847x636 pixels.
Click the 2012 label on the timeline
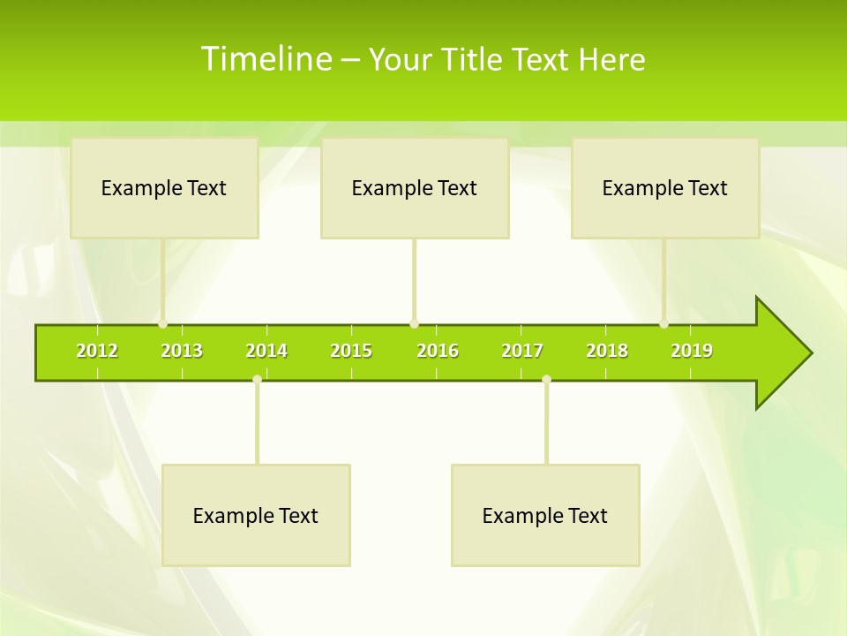[x=97, y=351]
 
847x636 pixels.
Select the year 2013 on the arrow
[x=182, y=351]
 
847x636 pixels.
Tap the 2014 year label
[x=266, y=351]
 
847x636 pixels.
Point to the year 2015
[x=351, y=351]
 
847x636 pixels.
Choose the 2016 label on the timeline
[x=438, y=351]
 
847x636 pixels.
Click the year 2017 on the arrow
[x=522, y=351]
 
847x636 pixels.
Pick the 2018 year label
[x=607, y=351]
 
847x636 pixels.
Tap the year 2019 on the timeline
[x=692, y=351]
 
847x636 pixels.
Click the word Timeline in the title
[x=265, y=59]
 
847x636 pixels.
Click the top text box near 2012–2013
[x=164, y=187]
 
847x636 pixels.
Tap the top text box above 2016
[x=415, y=187]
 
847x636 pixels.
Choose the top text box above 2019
[x=665, y=187]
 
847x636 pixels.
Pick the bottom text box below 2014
[x=256, y=515]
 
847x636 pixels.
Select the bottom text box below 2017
[x=545, y=515]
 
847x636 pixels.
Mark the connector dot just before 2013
[x=163, y=324]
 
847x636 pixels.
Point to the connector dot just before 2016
[x=414, y=324]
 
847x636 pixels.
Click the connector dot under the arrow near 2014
[x=257, y=379]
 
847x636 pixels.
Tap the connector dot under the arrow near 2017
[x=546, y=379]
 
